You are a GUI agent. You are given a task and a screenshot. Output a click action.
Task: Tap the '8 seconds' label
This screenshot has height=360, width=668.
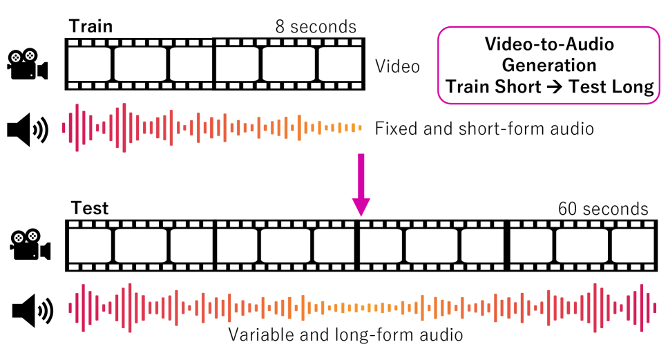coord(315,27)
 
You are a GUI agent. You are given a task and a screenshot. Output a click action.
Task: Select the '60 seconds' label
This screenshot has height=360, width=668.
coord(603,209)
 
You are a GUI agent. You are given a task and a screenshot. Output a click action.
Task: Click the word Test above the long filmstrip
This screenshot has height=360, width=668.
coord(90,208)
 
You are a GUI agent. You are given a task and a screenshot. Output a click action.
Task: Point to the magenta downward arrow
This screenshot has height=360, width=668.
coord(361,187)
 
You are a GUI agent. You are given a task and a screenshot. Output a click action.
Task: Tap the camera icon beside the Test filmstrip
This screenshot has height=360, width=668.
coord(30,246)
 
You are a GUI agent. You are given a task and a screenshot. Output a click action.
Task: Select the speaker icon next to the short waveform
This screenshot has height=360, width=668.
coord(27,129)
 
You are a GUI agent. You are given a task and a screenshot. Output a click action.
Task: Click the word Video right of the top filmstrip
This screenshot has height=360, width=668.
coord(397,66)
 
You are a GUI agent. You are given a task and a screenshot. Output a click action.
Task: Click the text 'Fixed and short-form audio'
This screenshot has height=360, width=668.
coord(484,129)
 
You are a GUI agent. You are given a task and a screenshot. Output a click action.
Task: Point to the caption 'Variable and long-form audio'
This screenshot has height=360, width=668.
coord(345,336)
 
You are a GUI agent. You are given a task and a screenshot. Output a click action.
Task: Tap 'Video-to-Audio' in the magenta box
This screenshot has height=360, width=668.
coord(549,45)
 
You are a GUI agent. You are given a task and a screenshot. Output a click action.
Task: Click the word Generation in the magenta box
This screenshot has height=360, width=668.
coord(549,66)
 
